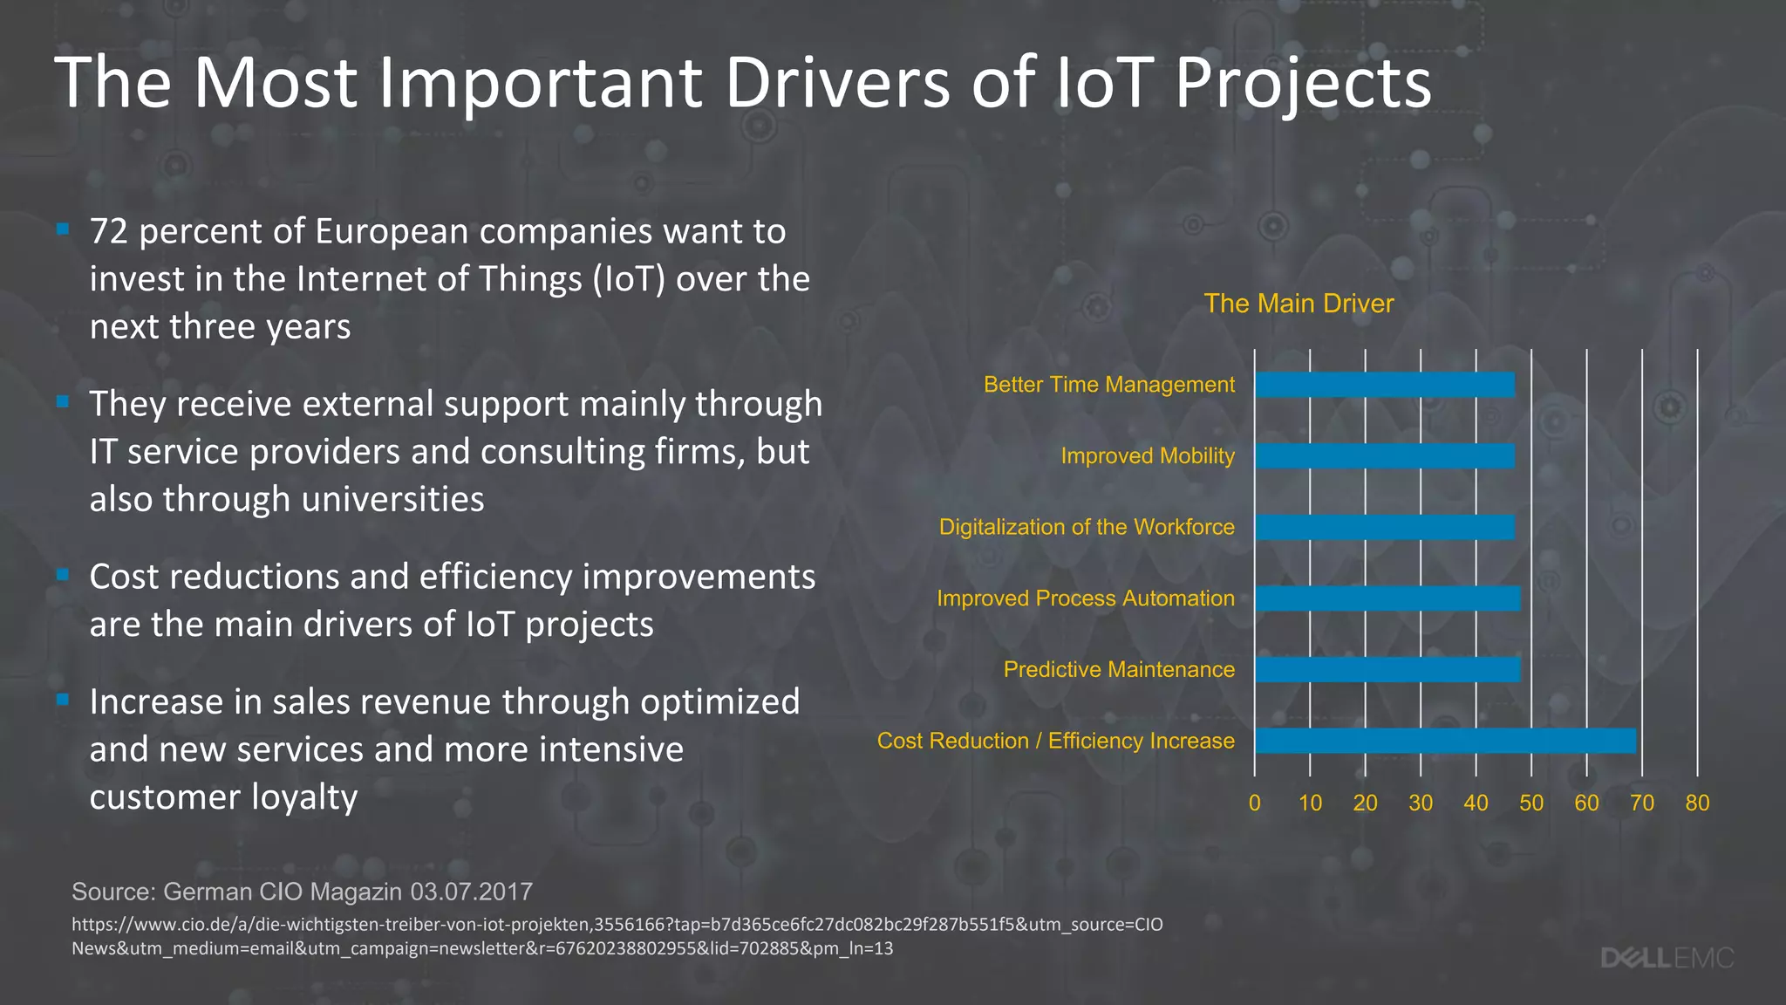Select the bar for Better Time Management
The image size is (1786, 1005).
pyautogui.click(x=1385, y=386)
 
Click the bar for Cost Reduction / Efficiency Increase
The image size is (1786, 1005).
pyautogui.click(x=1445, y=741)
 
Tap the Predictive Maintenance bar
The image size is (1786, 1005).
pyautogui.click(x=1387, y=669)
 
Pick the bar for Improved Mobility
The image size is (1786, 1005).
pyautogui.click(x=1385, y=456)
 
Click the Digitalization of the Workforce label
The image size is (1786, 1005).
pyautogui.click(x=1086, y=527)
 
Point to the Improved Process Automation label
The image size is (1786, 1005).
pyautogui.click(x=1085, y=598)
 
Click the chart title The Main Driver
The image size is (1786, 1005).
pyautogui.click(x=1298, y=304)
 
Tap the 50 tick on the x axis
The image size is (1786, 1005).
pyautogui.click(x=1530, y=803)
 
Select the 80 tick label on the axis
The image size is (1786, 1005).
pyautogui.click(x=1696, y=803)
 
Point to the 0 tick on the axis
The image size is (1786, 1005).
pyautogui.click(x=1254, y=803)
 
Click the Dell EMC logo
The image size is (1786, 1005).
pyautogui.click(x=1667, y=958)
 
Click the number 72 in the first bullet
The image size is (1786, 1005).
pyautogui.click(x=109, y=232)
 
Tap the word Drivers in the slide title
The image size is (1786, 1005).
pyautogui.click(x=837, y=83)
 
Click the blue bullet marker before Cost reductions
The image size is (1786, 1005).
pyautogui.click(x=63, y=575)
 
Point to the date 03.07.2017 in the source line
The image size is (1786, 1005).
pyautogui.click(x=471, y=892)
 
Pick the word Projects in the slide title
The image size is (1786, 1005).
pyautogui.click(x=1303, y=83)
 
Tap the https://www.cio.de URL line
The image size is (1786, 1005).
pyautogui.click(x=616, y=925)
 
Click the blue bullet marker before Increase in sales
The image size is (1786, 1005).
pyautogui.click(x=63, y=700)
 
